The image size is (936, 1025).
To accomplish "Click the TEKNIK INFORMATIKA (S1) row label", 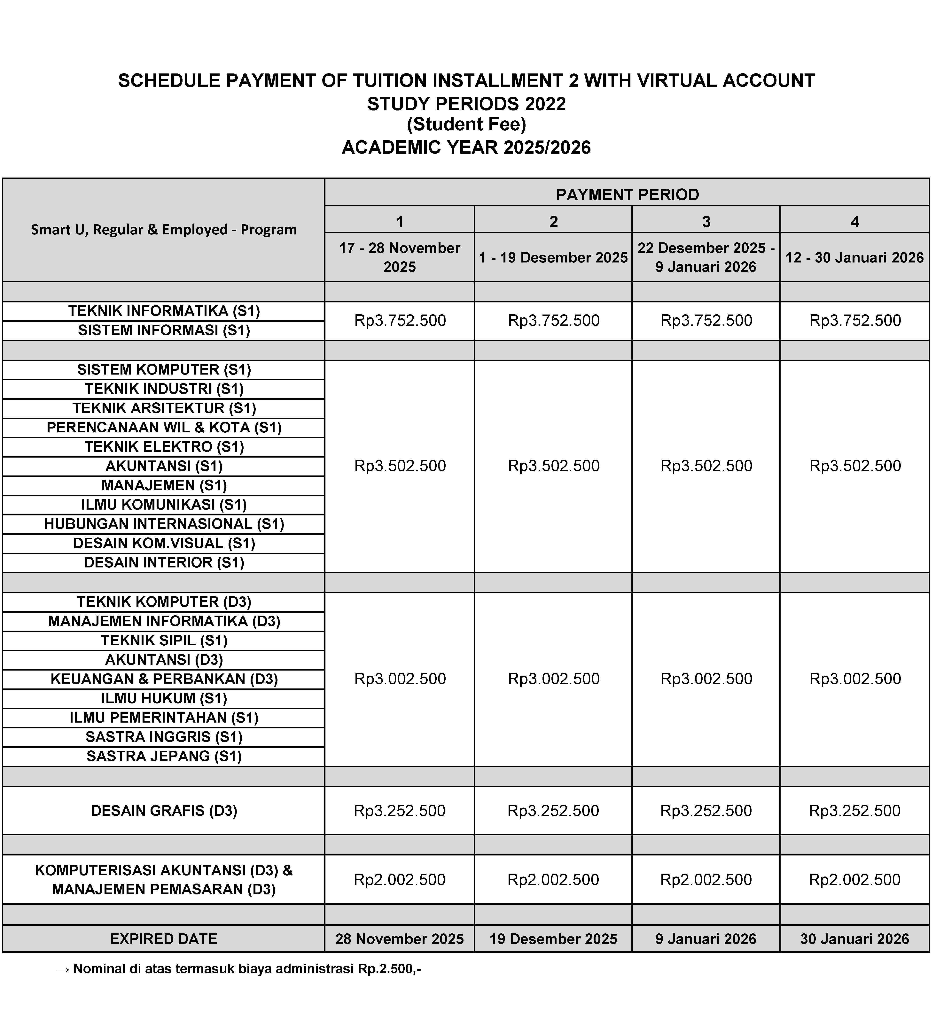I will coord(164,311).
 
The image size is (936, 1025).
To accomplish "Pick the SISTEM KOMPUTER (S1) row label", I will coord(164,370).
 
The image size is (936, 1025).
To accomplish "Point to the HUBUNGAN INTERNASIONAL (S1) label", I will coord(164,524).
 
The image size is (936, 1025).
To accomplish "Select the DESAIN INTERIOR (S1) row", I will coord(164,563).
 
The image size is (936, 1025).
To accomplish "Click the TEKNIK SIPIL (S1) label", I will coord(164,641).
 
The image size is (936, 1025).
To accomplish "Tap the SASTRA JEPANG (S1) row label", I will coord(164,756).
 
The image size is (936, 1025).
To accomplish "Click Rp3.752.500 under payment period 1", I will coord(400,321).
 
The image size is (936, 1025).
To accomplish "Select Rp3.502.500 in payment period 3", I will coord(706,466).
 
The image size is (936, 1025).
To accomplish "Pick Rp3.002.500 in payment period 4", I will coord(855,679).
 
